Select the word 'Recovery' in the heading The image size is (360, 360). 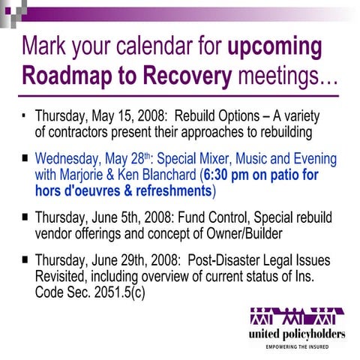pos(182,76)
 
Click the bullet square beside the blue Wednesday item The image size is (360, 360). pos(26,160)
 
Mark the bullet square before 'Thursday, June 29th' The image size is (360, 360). pos(26,260)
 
